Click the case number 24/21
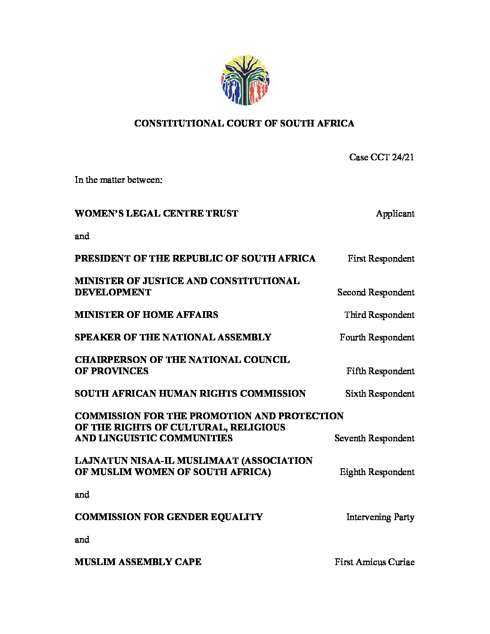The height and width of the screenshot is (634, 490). pyautogui.click(x=403, y=157)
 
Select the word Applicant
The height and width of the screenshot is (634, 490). pyautogui.click(x=395, y=214)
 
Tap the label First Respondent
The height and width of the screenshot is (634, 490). pyautogui.click(x=381, y=259)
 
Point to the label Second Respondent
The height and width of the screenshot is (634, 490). pyautogui.click(x=376, y=293)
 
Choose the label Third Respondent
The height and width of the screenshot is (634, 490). pyautogui.click(x=379, y=315)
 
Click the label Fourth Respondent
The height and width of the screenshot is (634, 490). pyautogui.click(x=377, y=338)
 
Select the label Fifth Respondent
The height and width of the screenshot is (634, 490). pyautogui.click(x=380, y=371)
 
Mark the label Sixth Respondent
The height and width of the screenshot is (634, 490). pyautogui.click(x=380, y=394)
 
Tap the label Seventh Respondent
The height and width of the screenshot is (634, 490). pyautogui.click(x=374, y=439)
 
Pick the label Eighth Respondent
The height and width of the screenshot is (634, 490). pyautogui.click(x=377, y=472)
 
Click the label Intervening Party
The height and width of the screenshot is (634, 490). pyautogui.click(x=380, y=517)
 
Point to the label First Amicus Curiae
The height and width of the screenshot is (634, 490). pyautogui.click(x=374, y=562)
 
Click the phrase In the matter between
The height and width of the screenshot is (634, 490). pyautogui.click(x=118, y=180)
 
